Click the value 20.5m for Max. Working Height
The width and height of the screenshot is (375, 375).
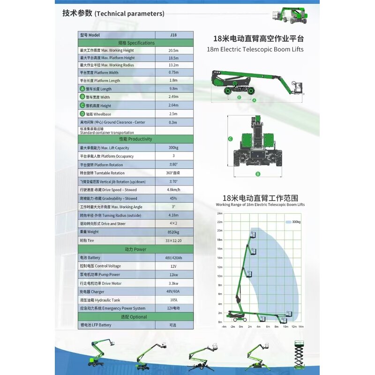173,50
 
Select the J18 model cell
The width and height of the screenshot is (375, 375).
173,35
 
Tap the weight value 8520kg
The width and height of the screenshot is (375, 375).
173,232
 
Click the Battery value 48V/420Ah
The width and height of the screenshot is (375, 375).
173,258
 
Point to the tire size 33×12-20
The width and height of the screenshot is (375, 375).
173,240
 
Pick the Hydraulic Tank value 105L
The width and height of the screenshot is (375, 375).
173,300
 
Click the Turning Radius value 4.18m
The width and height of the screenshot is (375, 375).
173,215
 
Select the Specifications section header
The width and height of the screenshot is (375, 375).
136,43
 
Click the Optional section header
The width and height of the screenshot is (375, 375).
136,317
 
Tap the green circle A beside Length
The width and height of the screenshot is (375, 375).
82,89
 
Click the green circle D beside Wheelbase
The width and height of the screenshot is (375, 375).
82,114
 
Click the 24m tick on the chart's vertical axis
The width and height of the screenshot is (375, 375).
219,213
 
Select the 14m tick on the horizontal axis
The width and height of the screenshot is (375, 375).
301,326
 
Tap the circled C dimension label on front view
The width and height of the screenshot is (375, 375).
231,139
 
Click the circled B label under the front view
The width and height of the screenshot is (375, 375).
257,174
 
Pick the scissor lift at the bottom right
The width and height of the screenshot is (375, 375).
299,354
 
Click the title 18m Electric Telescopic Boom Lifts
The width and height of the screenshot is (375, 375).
255,49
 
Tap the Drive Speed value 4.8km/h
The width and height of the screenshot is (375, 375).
173,190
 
